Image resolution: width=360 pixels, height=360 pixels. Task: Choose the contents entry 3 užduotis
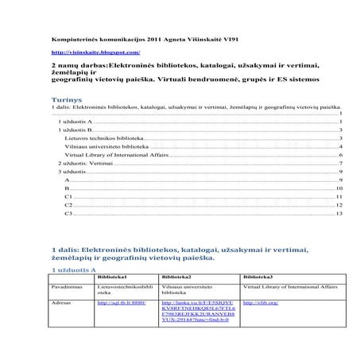(x=71, y=171)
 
